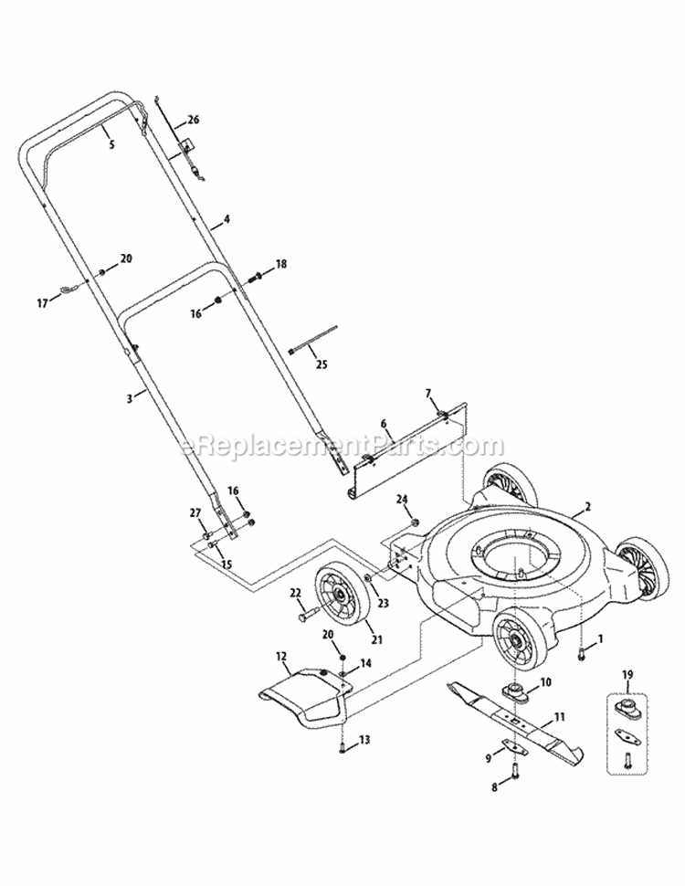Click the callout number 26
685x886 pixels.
(193, 120)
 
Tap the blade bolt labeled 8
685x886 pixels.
(511, 774)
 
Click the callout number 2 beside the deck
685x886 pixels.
(588, 505)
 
